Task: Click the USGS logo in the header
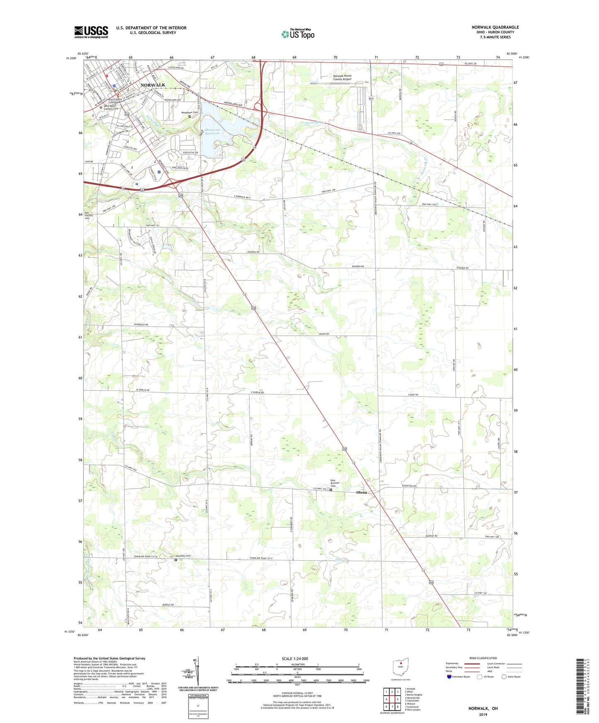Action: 91,32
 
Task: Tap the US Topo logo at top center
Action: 298,34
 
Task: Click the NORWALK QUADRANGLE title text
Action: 495,27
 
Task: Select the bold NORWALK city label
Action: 153,85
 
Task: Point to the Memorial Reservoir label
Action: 212,132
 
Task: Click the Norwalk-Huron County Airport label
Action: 342,77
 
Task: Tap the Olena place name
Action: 361,492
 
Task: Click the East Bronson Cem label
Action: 335,483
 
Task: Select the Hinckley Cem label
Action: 182,556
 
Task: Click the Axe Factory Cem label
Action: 89,215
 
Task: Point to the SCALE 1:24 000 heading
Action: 295,658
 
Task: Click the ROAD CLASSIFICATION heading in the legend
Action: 483,658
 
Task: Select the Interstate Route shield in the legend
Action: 450,677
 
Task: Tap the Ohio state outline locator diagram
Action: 400,667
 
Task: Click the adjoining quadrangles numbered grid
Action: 392,700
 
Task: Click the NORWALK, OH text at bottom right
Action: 483,709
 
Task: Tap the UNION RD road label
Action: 324,334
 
